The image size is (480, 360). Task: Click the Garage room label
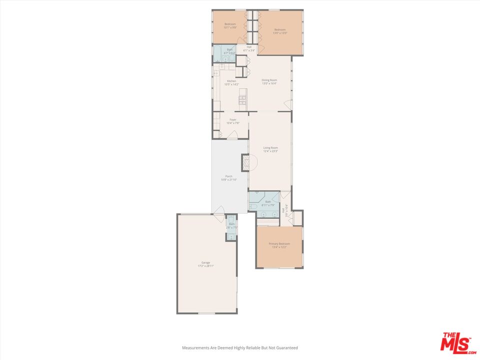pos(205,264)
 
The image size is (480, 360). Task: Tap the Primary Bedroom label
pos(279,245)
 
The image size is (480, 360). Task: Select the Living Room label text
pos(270,149)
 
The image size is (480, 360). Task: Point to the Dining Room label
pos(269,81)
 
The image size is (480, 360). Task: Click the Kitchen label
pos(231,82)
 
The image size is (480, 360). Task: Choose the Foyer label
pos(232,121)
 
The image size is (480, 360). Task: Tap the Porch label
pos(228,177)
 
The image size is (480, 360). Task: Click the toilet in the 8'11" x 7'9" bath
pos(252,206)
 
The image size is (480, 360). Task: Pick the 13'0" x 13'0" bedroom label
pos(279,31)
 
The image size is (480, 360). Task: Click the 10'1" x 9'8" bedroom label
pos(230,25)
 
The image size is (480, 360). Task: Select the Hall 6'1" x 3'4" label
pos(249,49)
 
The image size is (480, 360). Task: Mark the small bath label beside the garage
pos(231,225)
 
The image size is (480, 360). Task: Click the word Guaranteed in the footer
pos(287,347)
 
